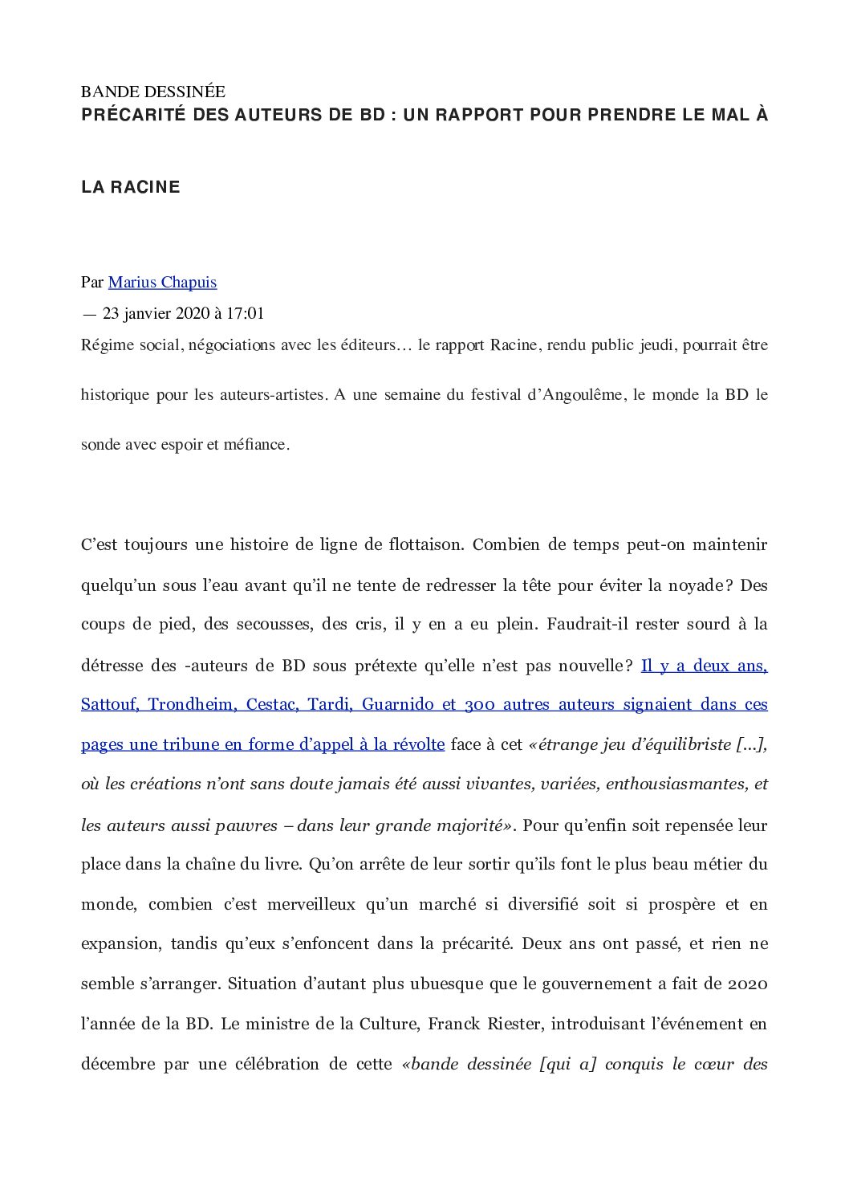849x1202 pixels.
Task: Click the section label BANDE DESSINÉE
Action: tap(153, 92)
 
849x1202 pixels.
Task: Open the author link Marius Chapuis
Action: tap(162, 283)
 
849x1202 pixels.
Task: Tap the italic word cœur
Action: tap(714, 1065)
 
